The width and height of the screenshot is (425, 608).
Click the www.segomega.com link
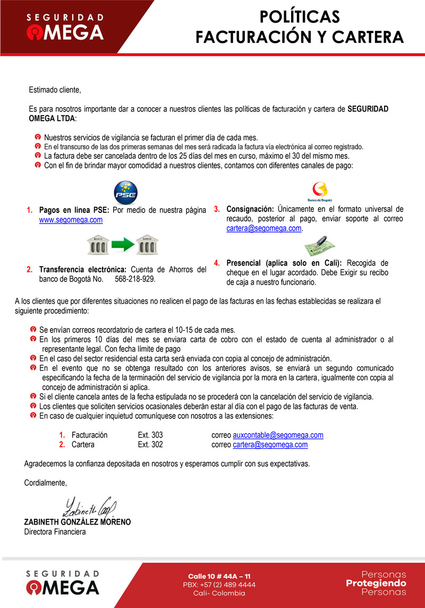[71, 220]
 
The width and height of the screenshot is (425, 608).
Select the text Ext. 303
[150, 435]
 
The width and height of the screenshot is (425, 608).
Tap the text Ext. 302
[150, 444]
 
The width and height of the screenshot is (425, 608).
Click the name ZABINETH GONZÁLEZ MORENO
[78, 522]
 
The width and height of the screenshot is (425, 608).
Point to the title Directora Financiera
[55, 532]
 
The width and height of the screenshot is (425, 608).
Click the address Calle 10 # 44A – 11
[219, 576]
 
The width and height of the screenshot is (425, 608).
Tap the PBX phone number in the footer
[219, 585]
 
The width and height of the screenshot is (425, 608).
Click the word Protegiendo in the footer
[376, 583]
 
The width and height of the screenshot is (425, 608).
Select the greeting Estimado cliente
[55, 90]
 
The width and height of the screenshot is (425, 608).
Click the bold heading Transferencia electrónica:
[83, 269]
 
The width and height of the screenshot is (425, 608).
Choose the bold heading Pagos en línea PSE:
[74, 210]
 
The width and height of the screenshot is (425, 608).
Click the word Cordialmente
[46, 483]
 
